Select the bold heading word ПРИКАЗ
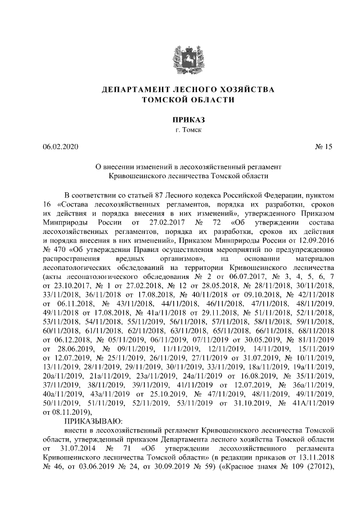click(179, 120)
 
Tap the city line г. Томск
click(179, 130)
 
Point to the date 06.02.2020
click(61, 147)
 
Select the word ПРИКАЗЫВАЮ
click(97, 420)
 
